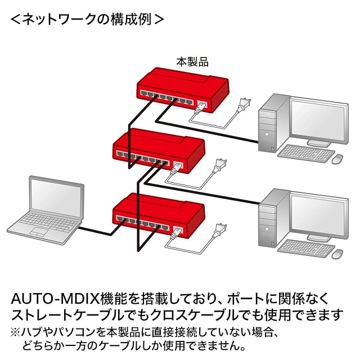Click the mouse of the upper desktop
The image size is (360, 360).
click(x=337, y=159)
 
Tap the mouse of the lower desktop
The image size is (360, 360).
click(x=337, y=254)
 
